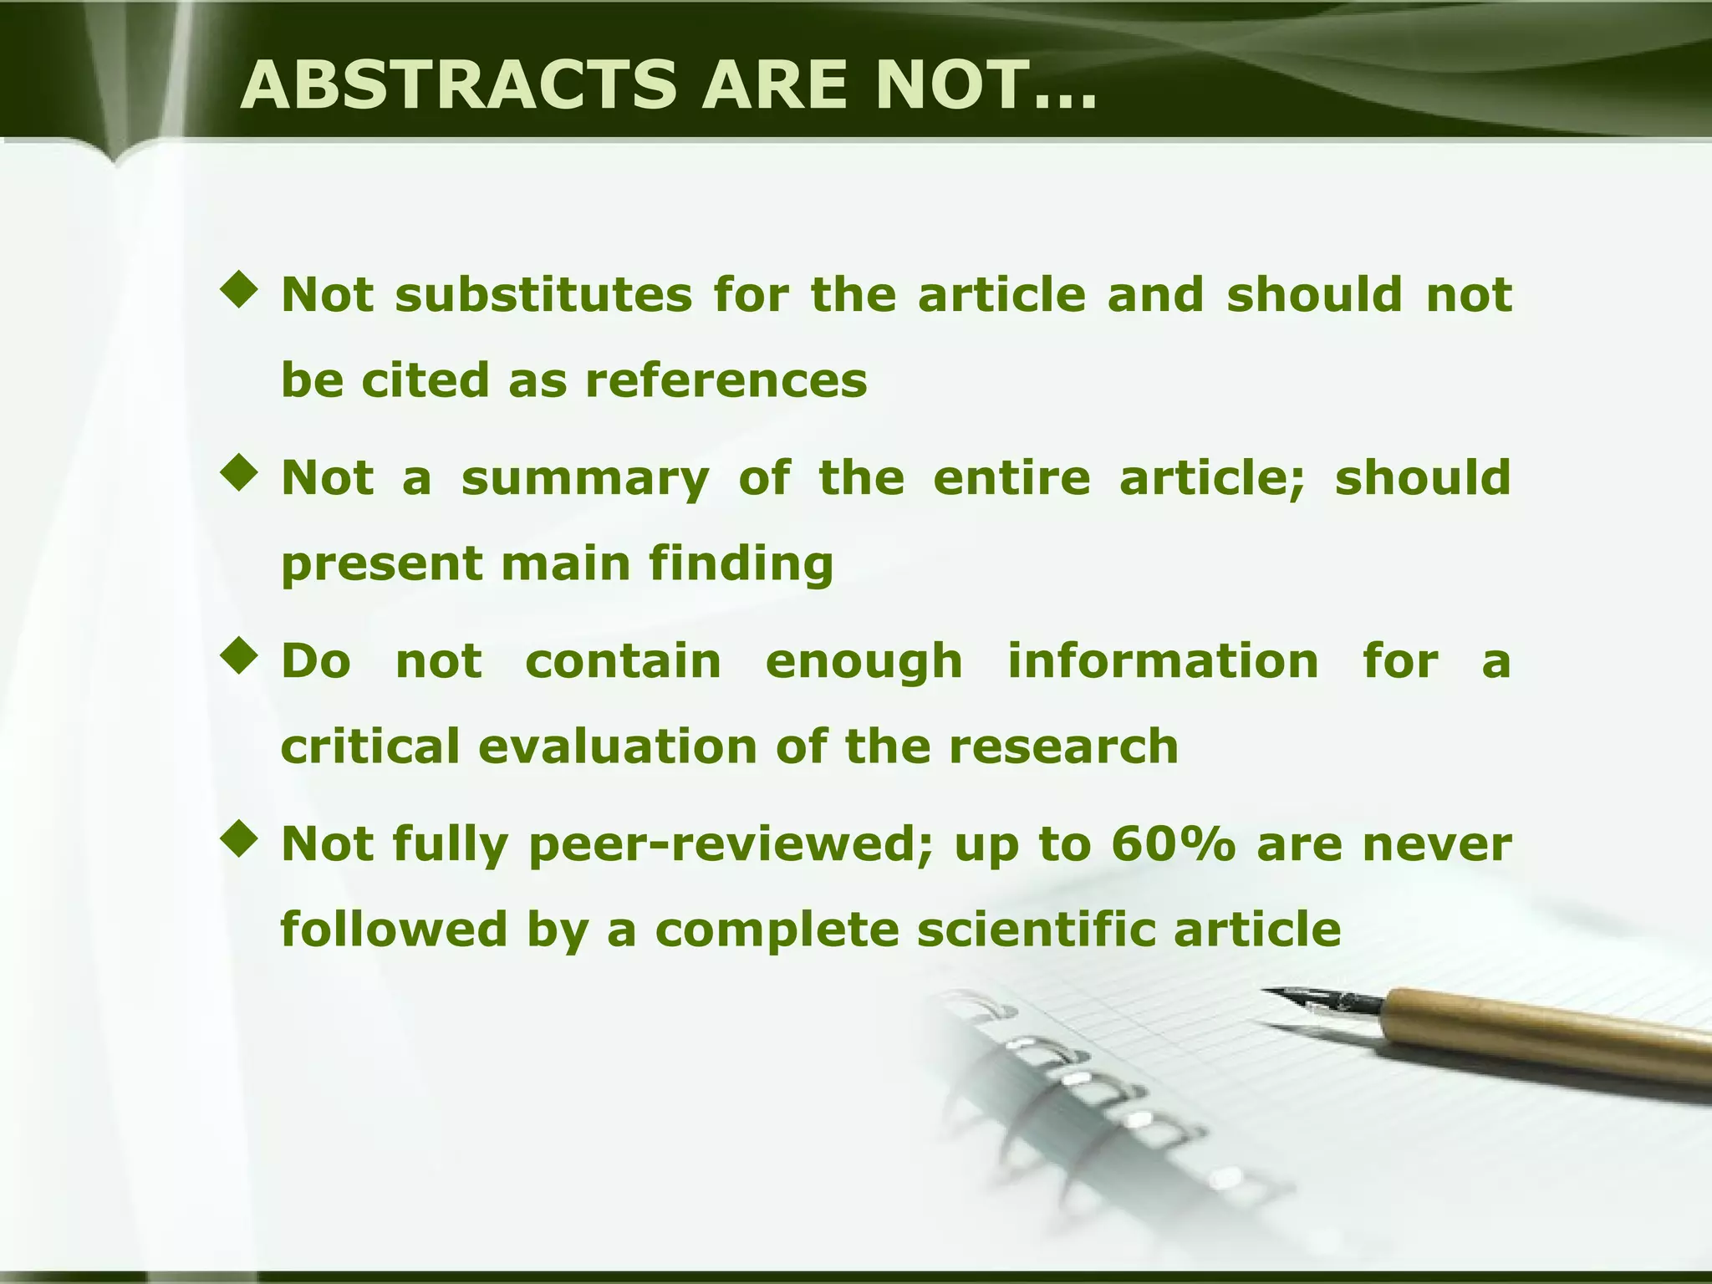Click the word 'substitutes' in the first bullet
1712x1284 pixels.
[x=544, y=294]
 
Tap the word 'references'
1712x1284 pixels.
[x=726, y=380]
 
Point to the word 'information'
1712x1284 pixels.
[x=1163, y=661]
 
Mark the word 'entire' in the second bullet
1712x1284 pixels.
[x=1011, y=478]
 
